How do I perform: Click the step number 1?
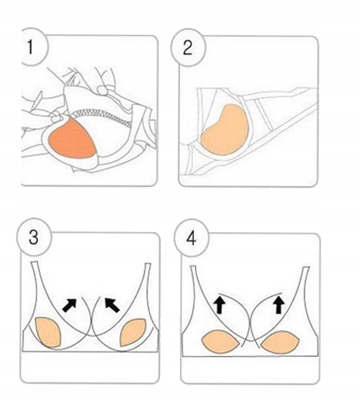[x=30, y=47]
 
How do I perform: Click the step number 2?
[x=188, y=48]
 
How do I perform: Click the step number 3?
[x=33, y=237]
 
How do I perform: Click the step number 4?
[x=191, y=238]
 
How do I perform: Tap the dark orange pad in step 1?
[x=71, y=138]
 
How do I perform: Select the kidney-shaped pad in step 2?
[x=226, y=131]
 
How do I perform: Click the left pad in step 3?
[x=48, y=332]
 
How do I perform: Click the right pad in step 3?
[x=133, y=332]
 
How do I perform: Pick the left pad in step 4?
[x=220, y=341]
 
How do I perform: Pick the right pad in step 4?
[x=280, y=342]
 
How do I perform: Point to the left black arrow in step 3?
[x=70, y=305]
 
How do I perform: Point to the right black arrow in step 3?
[x=112, y=305]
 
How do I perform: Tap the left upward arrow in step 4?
[x=220, y=305]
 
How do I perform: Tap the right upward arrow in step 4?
[x=279, y=305]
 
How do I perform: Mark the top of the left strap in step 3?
[x=34, y=262]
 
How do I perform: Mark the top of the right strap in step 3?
[x=147, y=264]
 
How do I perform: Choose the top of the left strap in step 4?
[x=193, y=266]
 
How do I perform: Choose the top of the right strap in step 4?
[x=306, y=268]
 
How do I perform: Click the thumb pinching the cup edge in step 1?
[x=56, y=116]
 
